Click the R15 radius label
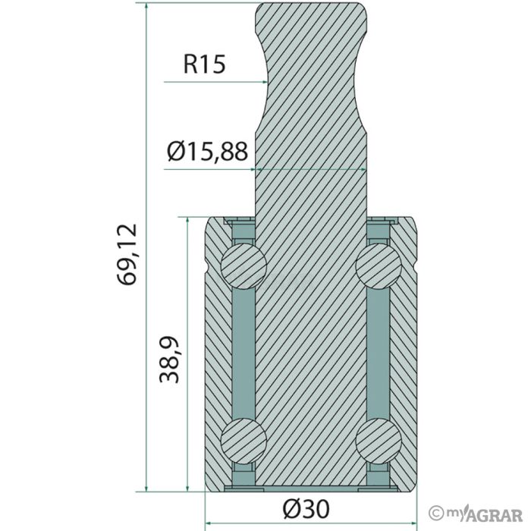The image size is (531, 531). (x=204, y=64)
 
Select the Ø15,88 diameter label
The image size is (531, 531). (x=207, y=151)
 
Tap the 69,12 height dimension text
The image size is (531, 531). (x=127, y=254)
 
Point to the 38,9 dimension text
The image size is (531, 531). (x=169, y=360)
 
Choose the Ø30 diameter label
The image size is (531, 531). (x=306, y=509)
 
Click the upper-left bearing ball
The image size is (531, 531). (x=244, y=265)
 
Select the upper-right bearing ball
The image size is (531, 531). (x=379, y=265)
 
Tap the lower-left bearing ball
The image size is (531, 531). (x=244, y=441)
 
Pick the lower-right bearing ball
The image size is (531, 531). (x=379, y=441)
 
